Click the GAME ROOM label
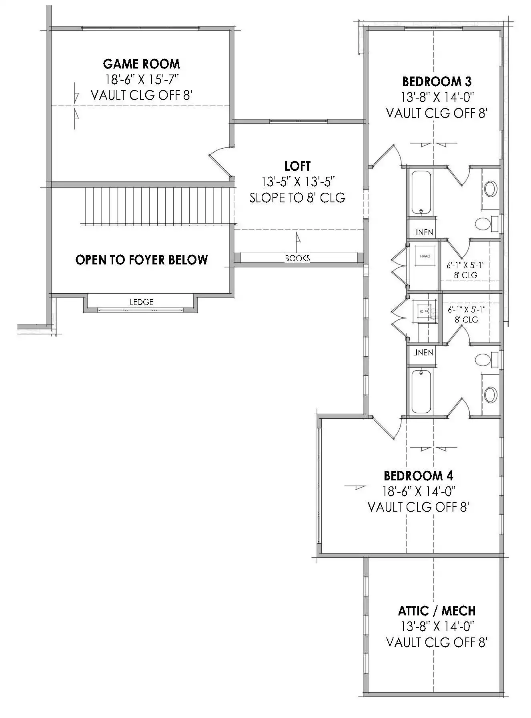[142, 64]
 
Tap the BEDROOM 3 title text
[437, 81]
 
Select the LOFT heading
[298, 165]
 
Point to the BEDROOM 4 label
[418, 476]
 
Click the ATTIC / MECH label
[437, 611]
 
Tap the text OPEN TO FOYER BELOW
[142, 260]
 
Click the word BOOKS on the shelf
[297, 258]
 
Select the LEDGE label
[142, 302]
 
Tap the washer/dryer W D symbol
[425, 310]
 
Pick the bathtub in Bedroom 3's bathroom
[421, 193]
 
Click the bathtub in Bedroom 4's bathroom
[421, 391]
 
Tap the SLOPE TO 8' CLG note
[297, 198]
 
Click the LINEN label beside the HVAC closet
[423, 232]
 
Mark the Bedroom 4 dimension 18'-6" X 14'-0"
[419, 491]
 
